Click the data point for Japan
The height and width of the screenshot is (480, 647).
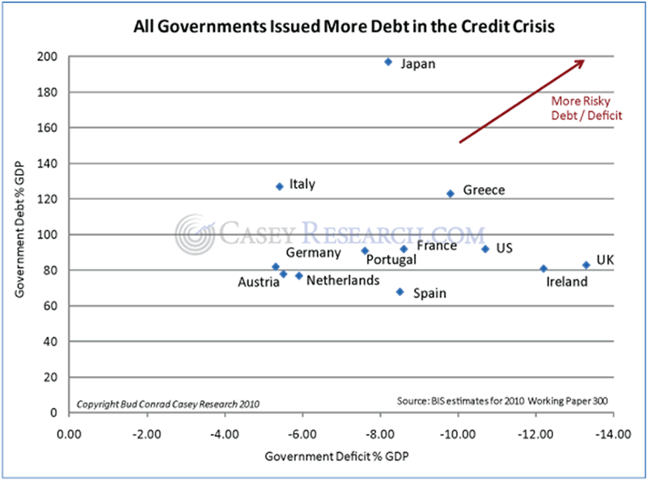(x=388, y=62)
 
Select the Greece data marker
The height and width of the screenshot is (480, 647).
(x=450, y=193)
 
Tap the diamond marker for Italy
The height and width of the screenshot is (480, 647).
(x=279, y=186)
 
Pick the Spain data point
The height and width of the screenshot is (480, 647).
(x=400, y=291)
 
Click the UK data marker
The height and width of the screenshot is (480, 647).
(x=586, y=265)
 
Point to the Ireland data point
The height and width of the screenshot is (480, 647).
(x=543, y=269)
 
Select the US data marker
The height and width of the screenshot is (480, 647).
(x=485, y=248)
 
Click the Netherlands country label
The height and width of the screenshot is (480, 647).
(x=342, y=280)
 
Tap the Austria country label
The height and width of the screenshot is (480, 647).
(x=258, y=282)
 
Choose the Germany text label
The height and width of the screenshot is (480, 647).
(x=313, y=253)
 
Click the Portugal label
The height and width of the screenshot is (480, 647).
(x=391, y=260)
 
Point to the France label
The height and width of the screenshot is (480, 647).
(x=437, y=245)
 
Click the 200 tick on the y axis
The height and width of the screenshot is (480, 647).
(x=47, y=57)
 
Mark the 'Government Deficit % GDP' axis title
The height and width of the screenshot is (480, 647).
(x=336, y=457)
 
